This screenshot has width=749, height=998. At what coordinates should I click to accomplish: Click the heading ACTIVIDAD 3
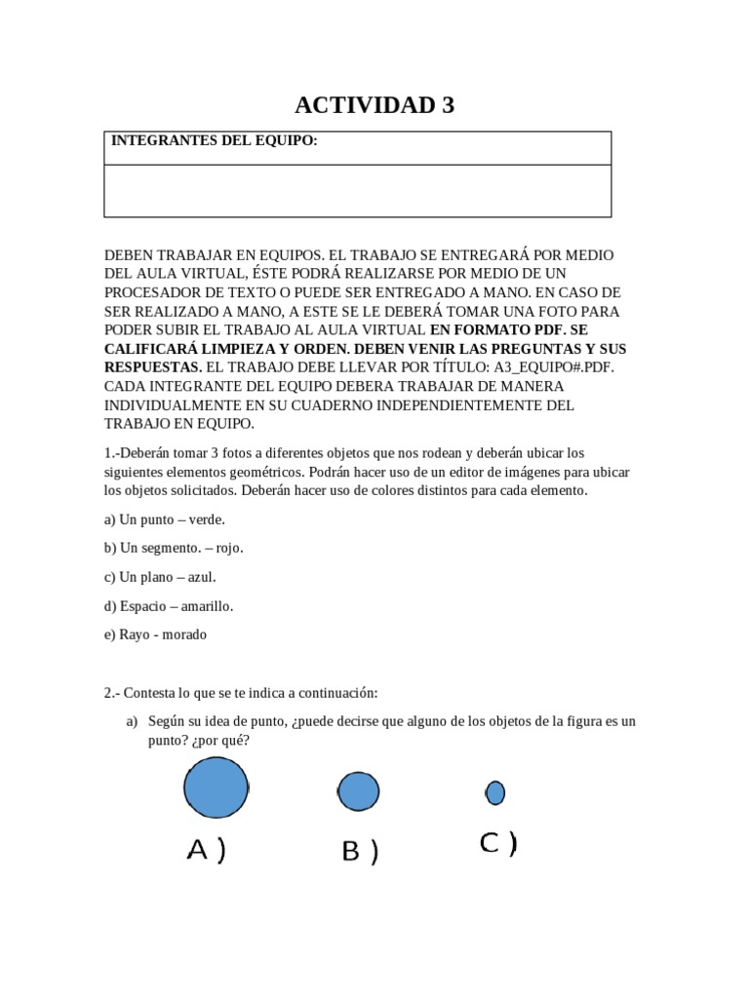pyautogui.click(x=374, y=105)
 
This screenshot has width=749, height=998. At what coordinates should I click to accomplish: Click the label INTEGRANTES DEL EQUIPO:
pyautogui.click(x=214, y=141)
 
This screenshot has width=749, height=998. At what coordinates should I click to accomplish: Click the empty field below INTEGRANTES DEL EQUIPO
pyautogui.click(x=357, y=190)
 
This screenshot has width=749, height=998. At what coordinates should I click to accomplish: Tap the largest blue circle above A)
pyautogui.click(x=216, y=787)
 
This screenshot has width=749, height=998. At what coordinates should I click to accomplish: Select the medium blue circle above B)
pyautogui.click(x=358, y=790)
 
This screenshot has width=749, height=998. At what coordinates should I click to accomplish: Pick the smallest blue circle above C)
pyautogui.click(x=495, y=792)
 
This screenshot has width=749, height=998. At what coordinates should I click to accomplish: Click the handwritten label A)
pyautogui.click(x=206, y=851)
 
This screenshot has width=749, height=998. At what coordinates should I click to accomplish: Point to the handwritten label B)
pyautogui.click(x=359, y=852)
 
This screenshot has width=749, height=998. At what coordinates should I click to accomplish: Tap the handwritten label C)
pyautogui.click(x=497, y=844)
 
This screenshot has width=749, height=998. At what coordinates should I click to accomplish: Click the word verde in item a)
pyautogui.click(x=207, y=519)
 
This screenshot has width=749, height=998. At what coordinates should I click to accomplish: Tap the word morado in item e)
pyautogui.click(x=185, y=634)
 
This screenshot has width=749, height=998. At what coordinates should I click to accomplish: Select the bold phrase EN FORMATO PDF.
pyautogui.click(x=493, y=329)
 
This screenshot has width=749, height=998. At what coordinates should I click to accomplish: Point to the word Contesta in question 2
pyautogui.click(x=154, y=693)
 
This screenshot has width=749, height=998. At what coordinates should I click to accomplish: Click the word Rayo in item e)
pyautogui.click(x=135, y=634)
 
